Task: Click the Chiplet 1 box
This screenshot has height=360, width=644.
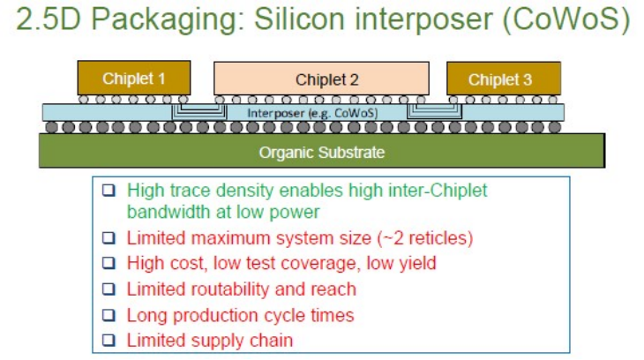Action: coord(133,79)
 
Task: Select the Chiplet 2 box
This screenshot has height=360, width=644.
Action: coord(322,79)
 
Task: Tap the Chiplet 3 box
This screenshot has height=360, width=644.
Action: coord(503,79)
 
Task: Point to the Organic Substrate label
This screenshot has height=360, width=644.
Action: coord(321,153)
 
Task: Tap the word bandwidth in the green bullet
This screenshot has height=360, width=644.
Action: coord(167,213)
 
